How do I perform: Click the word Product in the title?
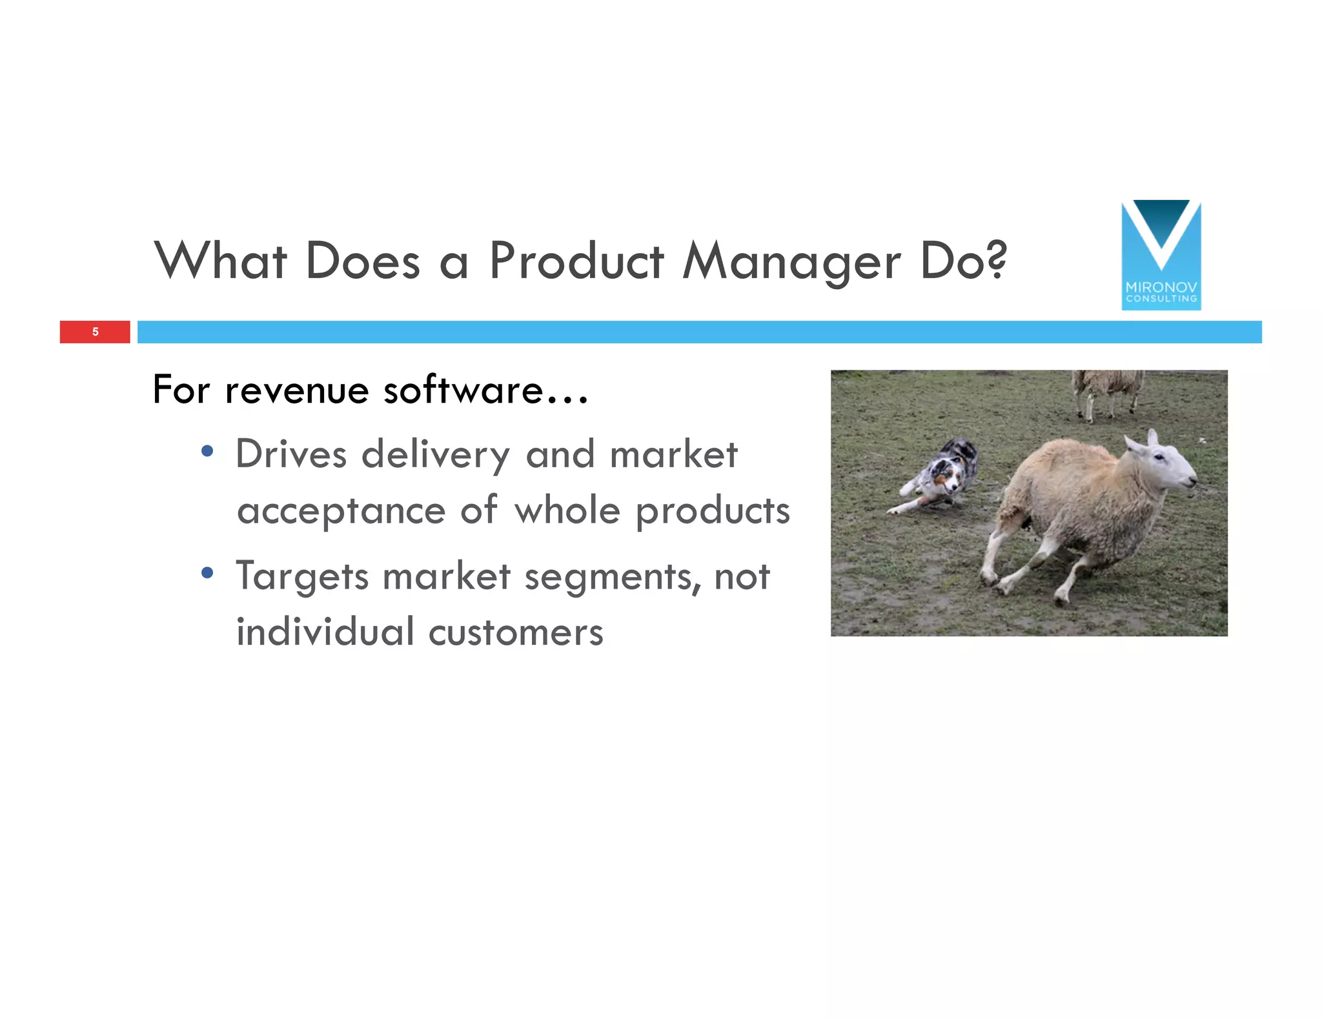[576, 261]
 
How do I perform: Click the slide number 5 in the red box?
[96, 332]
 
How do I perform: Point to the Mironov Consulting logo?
[1161, 255]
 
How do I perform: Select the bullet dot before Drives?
[207, 451]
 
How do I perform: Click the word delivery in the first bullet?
[435, 454]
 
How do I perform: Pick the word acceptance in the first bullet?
[341, 511]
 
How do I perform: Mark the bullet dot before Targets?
[207, 572]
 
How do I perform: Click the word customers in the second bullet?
[515, 632]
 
